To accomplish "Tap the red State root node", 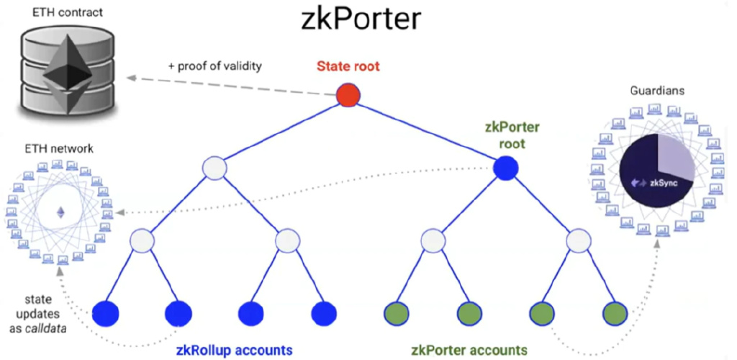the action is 348,96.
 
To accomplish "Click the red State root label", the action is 348,66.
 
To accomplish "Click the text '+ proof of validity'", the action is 214,66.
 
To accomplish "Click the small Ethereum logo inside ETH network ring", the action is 60,212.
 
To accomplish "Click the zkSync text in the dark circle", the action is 664,183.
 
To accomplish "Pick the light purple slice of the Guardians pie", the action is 675,155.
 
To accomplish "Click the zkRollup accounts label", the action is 234,350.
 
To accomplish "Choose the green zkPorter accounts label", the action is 469,350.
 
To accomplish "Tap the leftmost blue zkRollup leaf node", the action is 105,313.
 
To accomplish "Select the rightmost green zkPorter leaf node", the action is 615,313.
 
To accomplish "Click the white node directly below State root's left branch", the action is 214,168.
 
